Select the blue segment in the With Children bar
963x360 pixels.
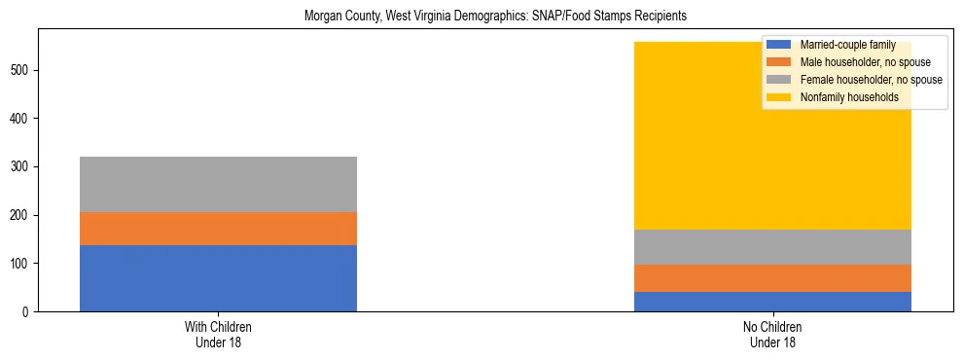coord(218,278)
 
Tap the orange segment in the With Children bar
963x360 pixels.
coord(218,229)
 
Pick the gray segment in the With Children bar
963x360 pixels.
coord(218,185)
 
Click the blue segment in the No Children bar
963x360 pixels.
coord(772,302)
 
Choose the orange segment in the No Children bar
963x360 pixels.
coord(772,278)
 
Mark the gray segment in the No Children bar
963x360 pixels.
coord(772,247)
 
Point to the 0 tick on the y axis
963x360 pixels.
coord(26,312)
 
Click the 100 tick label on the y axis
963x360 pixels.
coord(20,264)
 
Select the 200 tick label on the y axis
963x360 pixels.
coord(20,215)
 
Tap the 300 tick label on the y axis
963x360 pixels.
coord(20,167)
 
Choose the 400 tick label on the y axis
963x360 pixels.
coord(20,119)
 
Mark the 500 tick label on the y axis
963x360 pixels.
coord(20,70)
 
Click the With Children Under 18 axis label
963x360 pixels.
coord(218,335)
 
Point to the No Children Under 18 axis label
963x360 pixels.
coord(772,335)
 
